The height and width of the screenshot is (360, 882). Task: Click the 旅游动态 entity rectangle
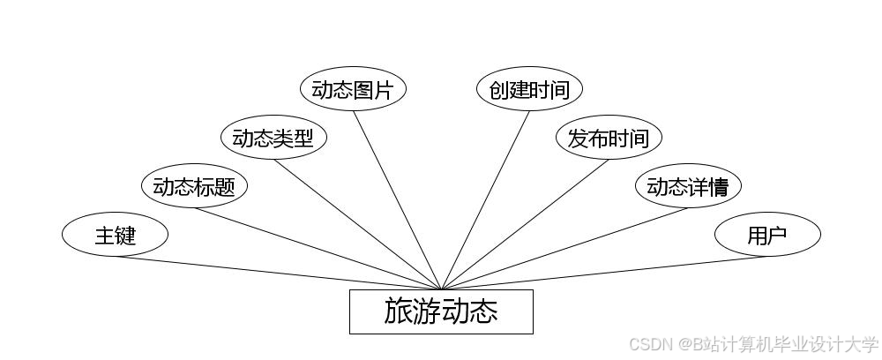coord(441,311)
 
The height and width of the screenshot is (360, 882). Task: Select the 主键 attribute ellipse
coord(115,235)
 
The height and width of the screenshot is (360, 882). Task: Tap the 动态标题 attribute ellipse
coord(194,186)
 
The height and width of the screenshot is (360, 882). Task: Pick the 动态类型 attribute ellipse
coord(273,138)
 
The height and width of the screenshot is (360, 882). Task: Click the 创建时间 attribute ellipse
coord(529,89)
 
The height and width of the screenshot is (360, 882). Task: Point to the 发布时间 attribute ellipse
coord(609,138)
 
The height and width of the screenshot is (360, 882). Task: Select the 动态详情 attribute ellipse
coord(688,186)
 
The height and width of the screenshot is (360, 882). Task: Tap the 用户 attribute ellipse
coord(767,235)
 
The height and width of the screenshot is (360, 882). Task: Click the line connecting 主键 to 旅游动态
coord(278,273)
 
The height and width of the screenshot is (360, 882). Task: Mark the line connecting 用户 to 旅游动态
coord(604,273)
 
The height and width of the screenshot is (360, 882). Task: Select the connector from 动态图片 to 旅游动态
coord(397,199)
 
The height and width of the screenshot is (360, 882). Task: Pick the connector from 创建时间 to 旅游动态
coord(485,199)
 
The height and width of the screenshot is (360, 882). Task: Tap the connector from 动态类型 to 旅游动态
coord(357,224)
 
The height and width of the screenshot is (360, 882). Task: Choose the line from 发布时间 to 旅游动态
coord(525,224)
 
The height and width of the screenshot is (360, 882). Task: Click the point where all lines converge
coord(441,289)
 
